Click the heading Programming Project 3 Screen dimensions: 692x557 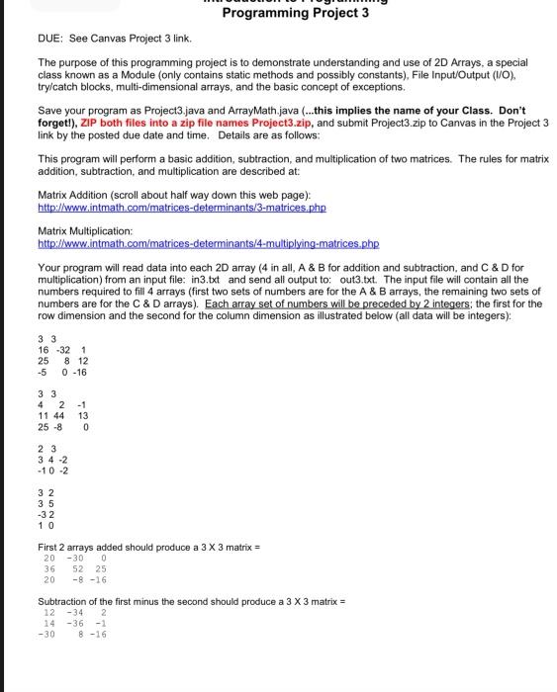pyautogui.click(x=296, y=13)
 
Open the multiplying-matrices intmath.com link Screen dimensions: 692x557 pyautogui.click(x=208, y=243)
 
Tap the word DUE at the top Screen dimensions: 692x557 pyautogui.click(x=50, y=38)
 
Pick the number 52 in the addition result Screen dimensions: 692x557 pyautogui.click(x=76, y=568)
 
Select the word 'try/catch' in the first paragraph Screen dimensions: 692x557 pyautogui.click(x=61, y=86)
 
